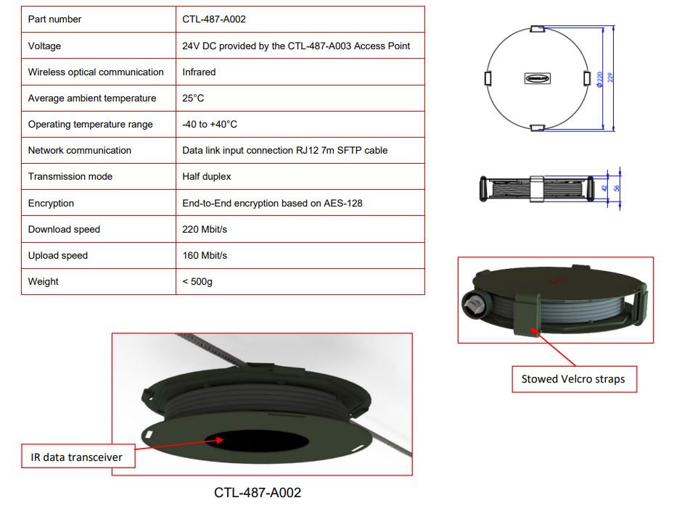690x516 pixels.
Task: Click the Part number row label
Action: [x=54, y=20]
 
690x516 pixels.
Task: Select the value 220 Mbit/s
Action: [x=206, y=229]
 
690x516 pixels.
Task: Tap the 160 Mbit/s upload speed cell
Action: [x=205, y=255]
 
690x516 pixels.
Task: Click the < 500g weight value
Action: [x=197, y=281]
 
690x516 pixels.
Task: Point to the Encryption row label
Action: [x=51, y=203]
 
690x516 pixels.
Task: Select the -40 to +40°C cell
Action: [x=210, y=124]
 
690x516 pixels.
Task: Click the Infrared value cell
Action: [x=199, y=72]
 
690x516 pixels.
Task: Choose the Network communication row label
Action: [x=80, y=150]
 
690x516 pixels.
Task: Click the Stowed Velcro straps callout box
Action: [x=573, y=378]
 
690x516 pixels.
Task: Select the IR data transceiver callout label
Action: [x=71, y=456]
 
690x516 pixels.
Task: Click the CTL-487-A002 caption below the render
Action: [x=258, y=493]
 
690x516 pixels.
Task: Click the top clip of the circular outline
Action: [x=537, y=28]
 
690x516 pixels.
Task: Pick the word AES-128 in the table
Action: [x=344, y=203]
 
